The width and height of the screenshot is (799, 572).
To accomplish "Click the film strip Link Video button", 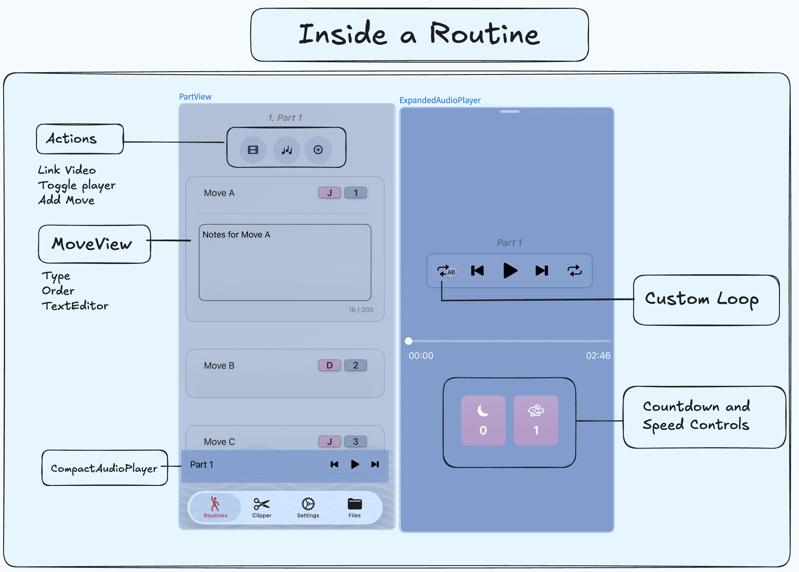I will tap(253, 150).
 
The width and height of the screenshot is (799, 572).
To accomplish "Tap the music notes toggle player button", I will tap(287, 150).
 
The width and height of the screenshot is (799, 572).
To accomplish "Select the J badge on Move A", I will tap(329, 193).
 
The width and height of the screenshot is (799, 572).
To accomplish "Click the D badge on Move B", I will tap(329, 365).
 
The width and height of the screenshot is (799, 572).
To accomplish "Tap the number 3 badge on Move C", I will tap(356, 442).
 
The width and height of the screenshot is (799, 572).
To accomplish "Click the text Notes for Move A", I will tap(236, 235).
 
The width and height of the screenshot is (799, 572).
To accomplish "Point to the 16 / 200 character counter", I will tap(361, 310).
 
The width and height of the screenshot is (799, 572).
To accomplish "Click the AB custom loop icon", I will tap(446, 271).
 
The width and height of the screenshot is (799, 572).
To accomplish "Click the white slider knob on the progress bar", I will tap(408, 341).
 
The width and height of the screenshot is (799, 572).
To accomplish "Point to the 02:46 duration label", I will tap(598, 356).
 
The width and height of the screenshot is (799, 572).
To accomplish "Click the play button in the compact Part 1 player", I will tap(355, 464).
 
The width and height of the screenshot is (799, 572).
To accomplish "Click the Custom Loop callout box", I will tap(706, 300).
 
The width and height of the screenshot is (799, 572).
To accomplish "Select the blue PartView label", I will tap(195, 97).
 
